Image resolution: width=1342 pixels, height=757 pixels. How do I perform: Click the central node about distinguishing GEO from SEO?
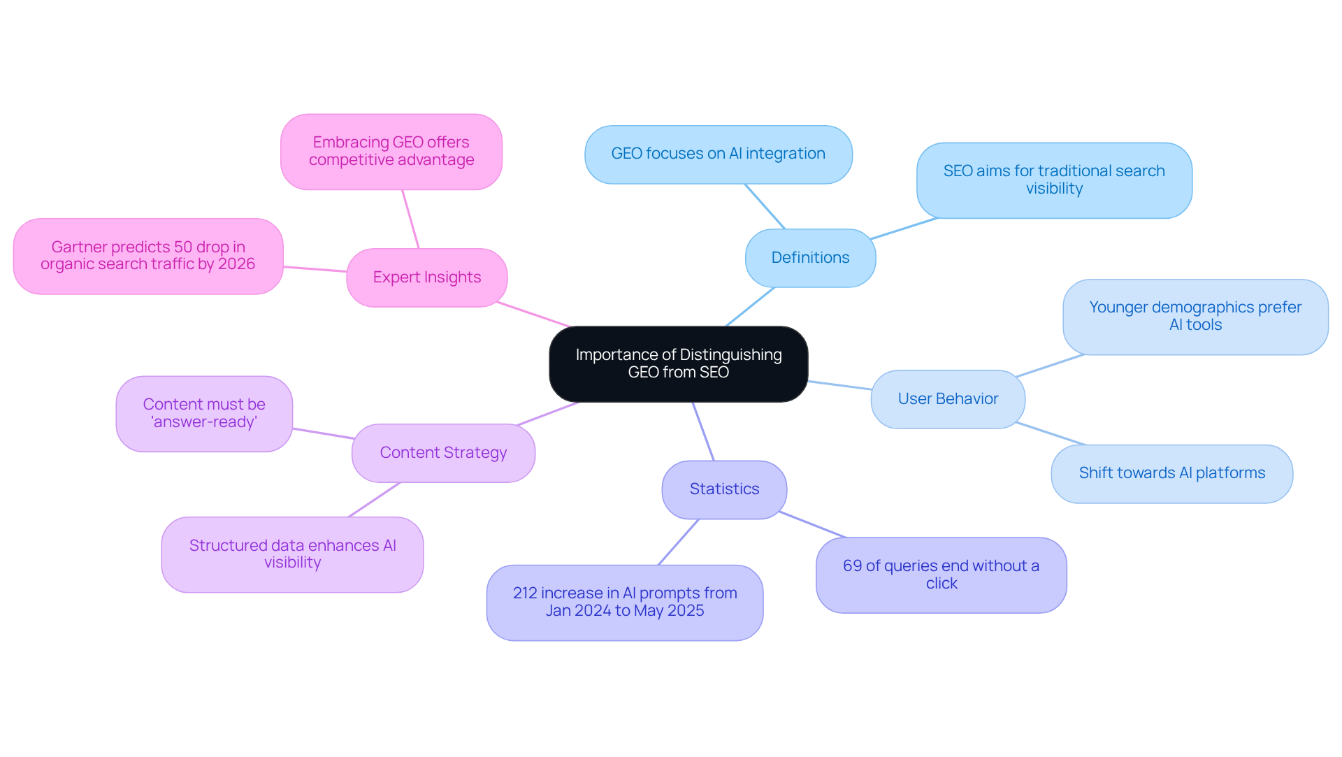[678, 363]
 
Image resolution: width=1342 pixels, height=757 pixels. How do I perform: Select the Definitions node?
[810, 258]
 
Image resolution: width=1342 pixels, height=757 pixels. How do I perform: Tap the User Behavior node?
[947, 399]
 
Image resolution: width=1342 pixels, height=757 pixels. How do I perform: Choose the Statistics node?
[724, 489]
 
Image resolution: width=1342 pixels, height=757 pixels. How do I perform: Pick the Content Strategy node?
[443, 453]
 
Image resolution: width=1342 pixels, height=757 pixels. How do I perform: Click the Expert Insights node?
[426, 277]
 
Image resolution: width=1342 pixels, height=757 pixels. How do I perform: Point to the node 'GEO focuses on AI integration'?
[718, 154]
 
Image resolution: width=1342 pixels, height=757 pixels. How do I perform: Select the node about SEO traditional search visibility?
[1053, 180]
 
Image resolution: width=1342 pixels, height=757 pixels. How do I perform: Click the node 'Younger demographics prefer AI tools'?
[1195, 317]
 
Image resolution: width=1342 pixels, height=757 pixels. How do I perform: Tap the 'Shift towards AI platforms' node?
[1171, 473]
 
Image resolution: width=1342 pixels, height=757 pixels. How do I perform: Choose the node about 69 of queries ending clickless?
[941, 575]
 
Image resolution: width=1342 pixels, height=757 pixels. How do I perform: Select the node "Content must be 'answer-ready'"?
[204, 414]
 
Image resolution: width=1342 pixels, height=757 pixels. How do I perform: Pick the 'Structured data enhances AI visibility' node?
[292, 554]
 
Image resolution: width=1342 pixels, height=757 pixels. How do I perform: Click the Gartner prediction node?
[147, 256]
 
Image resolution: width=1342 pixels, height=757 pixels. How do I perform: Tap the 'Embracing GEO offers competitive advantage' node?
[391, 152]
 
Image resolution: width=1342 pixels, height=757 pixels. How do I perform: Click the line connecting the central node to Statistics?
[703, 431]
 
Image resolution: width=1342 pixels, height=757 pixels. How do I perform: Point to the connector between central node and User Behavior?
[839, 385]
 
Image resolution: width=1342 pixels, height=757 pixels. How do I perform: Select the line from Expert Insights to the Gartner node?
[315, 269]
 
